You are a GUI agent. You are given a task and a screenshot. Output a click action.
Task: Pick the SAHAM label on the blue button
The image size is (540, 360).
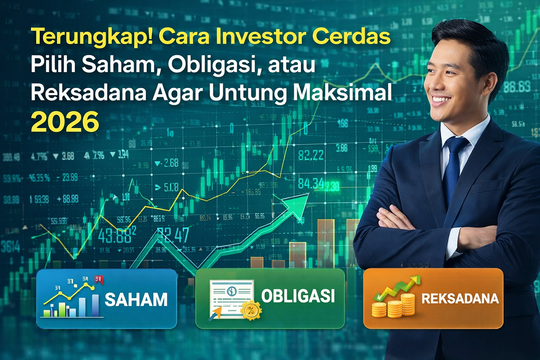click(x=136, y=299)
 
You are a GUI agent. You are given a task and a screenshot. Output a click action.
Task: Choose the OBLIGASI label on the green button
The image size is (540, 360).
click(x=298, y=297)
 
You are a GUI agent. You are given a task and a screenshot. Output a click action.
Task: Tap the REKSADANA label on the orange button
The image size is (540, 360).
click(x=460, y=298)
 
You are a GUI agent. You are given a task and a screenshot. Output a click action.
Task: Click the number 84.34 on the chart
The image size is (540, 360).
click(x=310, y=183)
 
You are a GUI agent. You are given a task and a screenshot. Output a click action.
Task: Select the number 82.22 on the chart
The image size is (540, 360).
click(x=310, y=155)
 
